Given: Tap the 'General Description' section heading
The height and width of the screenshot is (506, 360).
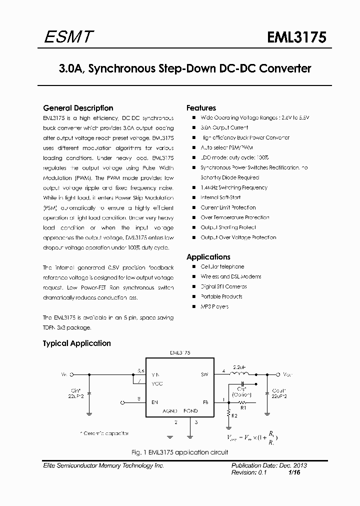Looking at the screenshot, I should [78, 108].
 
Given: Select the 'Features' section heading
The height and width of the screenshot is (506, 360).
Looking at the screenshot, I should [201, 108].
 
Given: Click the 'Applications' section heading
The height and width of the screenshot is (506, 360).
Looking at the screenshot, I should [208, 257].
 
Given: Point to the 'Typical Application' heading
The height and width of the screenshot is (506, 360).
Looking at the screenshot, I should [76, 343].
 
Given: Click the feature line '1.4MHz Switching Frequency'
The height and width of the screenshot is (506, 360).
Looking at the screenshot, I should [233, 187].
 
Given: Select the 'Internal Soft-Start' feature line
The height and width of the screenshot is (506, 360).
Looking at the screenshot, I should [221, 197].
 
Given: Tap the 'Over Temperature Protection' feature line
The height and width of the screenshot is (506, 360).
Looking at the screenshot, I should [234, 217].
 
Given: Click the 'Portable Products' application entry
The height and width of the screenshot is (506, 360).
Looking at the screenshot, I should [221, 296].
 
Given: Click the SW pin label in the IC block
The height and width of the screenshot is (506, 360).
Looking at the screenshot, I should [204, 374].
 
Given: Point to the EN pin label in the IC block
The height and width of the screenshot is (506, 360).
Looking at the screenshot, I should [155, 401].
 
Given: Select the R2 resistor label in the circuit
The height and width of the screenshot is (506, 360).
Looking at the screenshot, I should [235, 414].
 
